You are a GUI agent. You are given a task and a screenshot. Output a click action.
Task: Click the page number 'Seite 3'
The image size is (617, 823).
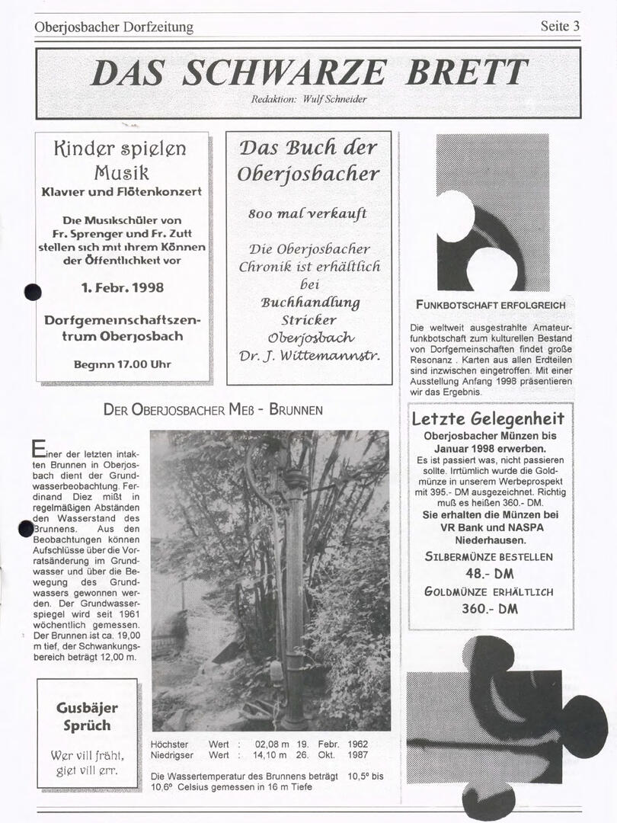[x=560, y=26]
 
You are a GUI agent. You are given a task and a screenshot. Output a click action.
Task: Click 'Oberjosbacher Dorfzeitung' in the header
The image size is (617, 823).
[x=113, y=27]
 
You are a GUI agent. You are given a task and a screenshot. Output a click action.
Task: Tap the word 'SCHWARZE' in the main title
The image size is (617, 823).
[x=284, y=73]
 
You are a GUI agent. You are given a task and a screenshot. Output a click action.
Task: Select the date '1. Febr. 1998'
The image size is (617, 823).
[x=122, y=288]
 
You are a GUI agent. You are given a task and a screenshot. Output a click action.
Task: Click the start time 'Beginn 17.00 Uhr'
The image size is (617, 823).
[x=122, y=364]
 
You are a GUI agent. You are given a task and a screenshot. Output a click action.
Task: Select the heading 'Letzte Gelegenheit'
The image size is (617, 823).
[x=488, y=418]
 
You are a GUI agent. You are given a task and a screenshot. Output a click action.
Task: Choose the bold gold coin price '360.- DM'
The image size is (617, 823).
[x=489, y=608]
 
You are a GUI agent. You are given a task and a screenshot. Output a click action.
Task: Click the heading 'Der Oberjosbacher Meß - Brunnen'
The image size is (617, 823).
[x=213, y=410]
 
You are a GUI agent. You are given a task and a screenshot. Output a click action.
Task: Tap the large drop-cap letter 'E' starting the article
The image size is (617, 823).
[x=38, y=450]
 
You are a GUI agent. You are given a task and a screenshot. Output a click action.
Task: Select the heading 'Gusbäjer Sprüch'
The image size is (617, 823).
[x=87, y=716]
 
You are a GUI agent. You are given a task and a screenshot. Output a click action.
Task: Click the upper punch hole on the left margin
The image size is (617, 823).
[x=32, y=291]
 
